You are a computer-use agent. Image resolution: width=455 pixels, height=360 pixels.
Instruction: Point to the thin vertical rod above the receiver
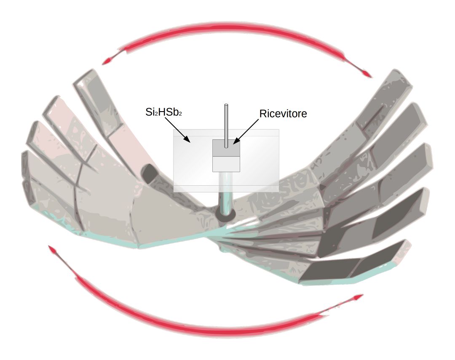(x=226, y=122)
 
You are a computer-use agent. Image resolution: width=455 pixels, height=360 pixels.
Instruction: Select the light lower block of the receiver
(x=226, y=164)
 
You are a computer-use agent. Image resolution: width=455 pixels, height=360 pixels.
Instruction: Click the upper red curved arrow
(x=236, y=31)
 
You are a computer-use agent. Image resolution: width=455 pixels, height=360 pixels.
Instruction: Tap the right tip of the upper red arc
(x=369, y=76)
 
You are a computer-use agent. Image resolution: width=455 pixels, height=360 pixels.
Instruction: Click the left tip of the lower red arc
(x=51, y=248)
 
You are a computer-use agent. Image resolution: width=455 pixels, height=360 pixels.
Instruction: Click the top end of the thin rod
(x=226, y=105)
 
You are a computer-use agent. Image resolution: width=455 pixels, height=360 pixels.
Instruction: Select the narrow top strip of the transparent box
(x=226, y=133)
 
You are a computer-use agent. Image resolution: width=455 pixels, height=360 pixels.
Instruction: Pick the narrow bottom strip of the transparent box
(x=226, y=189)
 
